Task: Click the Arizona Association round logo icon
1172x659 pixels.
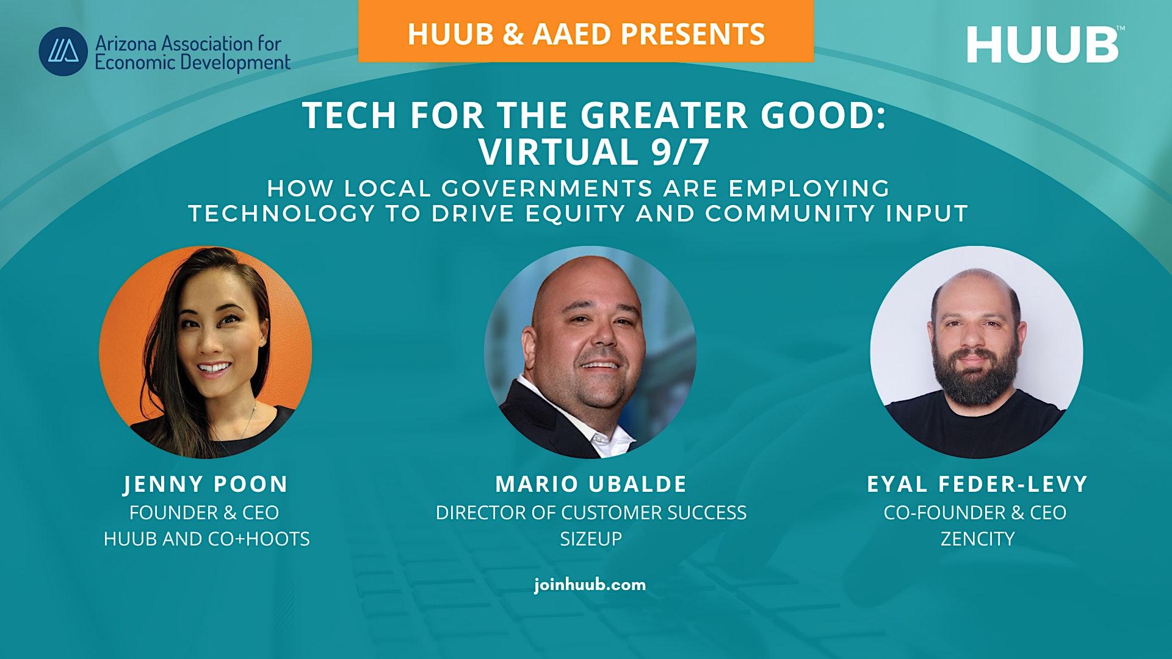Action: coord(63,51)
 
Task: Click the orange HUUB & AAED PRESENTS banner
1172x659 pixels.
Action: coord(586,32)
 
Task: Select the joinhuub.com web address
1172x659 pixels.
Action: coord(590,585)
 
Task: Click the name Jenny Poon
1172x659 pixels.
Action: coord(206,484)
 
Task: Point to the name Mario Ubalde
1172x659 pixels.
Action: coord(591,484)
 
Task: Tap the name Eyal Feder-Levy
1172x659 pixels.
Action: coord(977,484)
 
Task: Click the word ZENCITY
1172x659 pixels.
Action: coord(977,539)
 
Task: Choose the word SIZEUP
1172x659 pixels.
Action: coord(591,539)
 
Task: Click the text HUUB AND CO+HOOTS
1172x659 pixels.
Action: coord(207,539)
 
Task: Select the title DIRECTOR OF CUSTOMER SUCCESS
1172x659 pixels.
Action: coord(591,513)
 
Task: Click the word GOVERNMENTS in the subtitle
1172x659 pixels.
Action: coord(546,189)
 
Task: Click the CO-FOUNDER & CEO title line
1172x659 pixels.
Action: coord(975,513)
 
